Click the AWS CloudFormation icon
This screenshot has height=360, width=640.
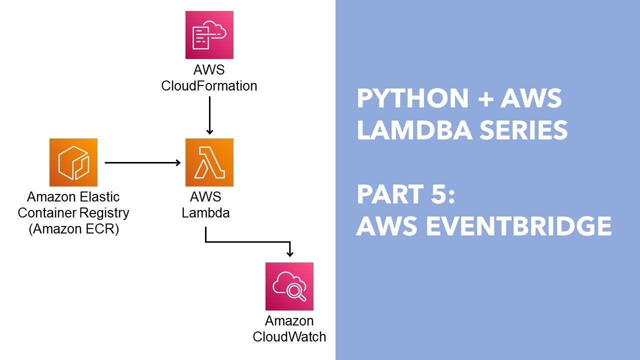[x=209, y=35]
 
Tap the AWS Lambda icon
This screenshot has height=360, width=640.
[x=209, y=162]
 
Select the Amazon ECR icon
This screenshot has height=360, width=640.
[x=73, y=162]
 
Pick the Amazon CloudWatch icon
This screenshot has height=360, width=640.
[x=289, y=286]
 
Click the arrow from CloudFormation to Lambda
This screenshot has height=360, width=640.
[x=209, y=115]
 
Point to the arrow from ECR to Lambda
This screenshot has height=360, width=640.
[x=142, y=162]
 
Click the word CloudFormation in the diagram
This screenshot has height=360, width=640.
[x=209, y=86]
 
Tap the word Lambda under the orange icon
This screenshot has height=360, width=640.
[x=205, y=212]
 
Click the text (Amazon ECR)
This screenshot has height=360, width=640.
[x=73, y=229]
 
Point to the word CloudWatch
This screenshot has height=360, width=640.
[x=289, y=336]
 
